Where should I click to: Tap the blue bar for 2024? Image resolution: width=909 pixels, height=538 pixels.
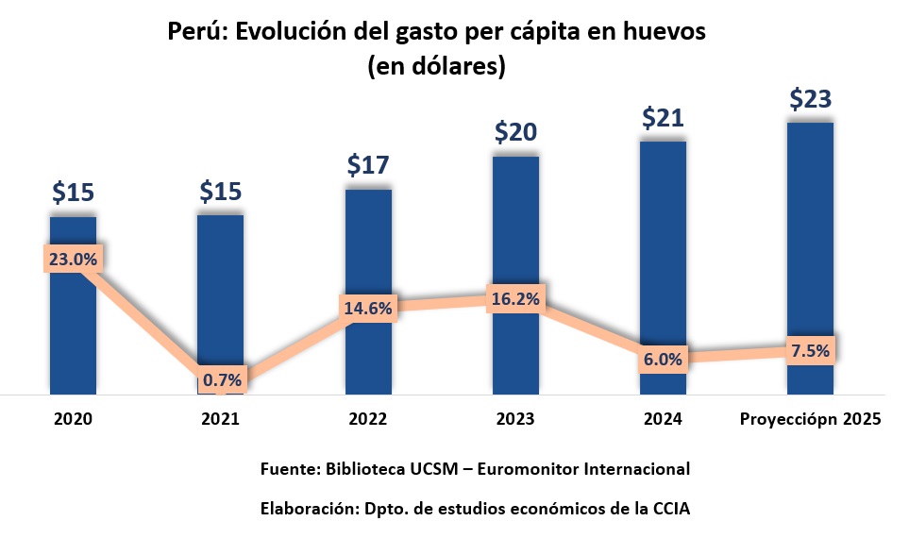(x=663, y=245)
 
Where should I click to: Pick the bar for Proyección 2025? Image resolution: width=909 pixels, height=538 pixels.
(x=810, y=236)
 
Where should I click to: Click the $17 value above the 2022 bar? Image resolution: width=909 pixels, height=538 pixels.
(x=368, y=165)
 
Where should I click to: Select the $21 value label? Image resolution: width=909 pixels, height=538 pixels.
(x=663, y=118)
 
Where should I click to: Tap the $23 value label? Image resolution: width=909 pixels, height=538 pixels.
(x=810, y=99)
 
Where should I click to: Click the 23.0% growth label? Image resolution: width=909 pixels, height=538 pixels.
(x=73, y=260)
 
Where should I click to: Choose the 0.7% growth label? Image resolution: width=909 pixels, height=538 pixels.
(x=221, y=380)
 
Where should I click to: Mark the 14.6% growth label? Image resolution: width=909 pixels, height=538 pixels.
(x=368, y=307)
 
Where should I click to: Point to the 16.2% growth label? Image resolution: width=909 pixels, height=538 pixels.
(x=515, y=299)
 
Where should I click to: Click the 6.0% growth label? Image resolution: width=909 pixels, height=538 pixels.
(x=663, y=359)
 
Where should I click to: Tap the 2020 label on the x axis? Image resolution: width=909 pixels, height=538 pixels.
(x=73, y=419)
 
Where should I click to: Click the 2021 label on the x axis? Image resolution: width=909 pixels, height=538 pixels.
(x=221, y=419)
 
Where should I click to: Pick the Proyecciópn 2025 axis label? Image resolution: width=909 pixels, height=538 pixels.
(x=810, y=419)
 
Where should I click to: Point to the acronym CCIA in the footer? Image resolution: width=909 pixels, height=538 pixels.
(x=670, y=509)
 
